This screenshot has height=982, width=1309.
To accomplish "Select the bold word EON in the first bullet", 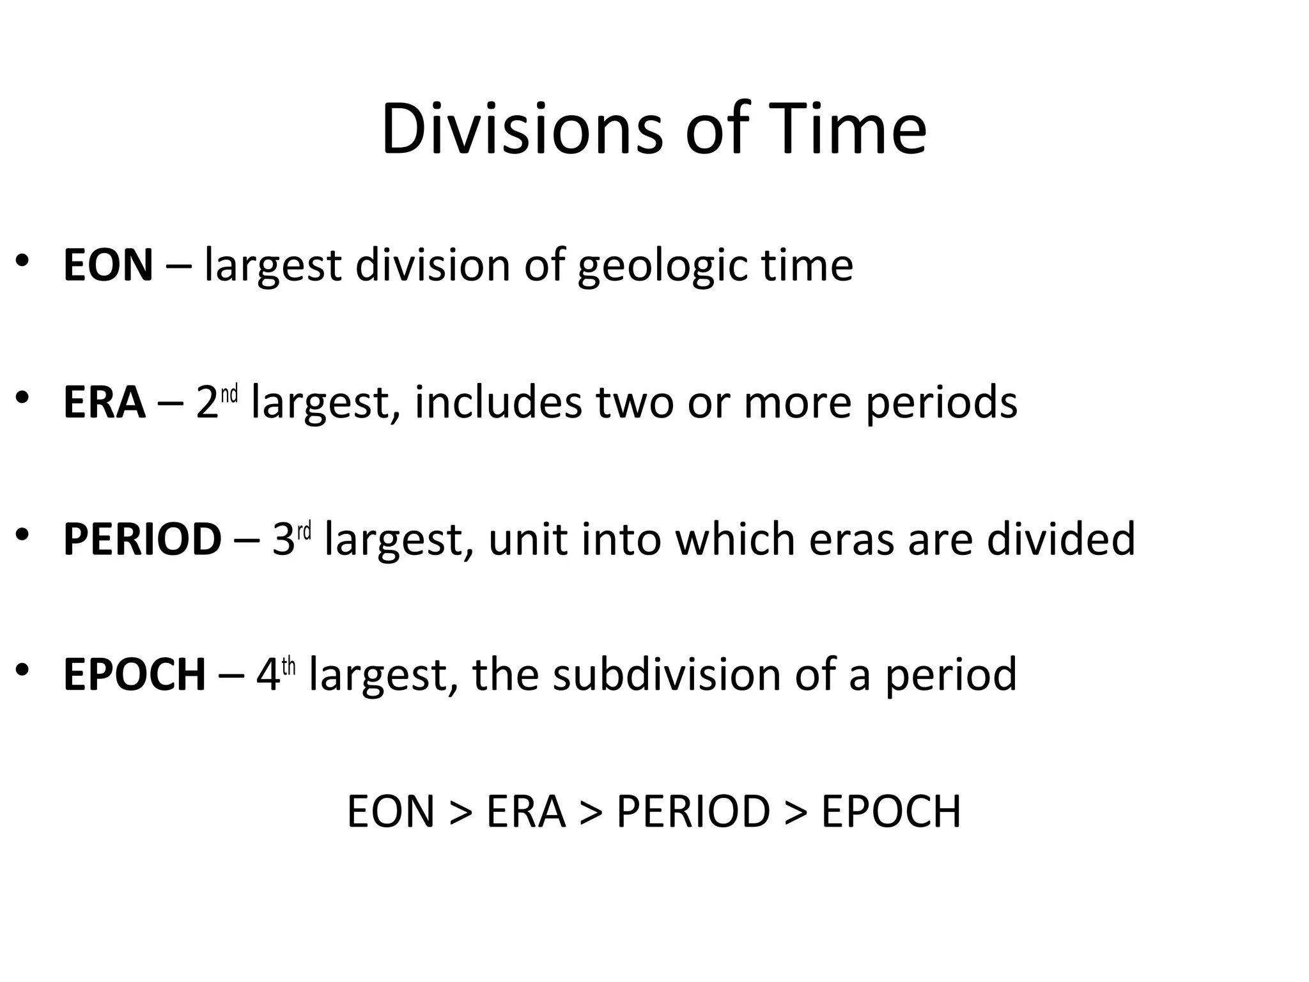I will coord(108,265).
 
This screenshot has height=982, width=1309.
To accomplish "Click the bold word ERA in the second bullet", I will coord(104,403).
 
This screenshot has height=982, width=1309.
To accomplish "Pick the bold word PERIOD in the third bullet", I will coord(142,539).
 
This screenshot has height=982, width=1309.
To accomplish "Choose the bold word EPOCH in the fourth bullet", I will coord(134,675).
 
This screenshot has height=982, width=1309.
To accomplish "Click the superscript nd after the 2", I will coord(229,394).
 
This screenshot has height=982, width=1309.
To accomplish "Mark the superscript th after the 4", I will coord(289,667).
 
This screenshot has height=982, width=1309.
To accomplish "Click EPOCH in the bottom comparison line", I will coord(890,812).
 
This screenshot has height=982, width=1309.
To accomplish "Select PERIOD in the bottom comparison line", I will coord(693,812).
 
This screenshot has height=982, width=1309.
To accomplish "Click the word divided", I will coord(1060,539).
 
